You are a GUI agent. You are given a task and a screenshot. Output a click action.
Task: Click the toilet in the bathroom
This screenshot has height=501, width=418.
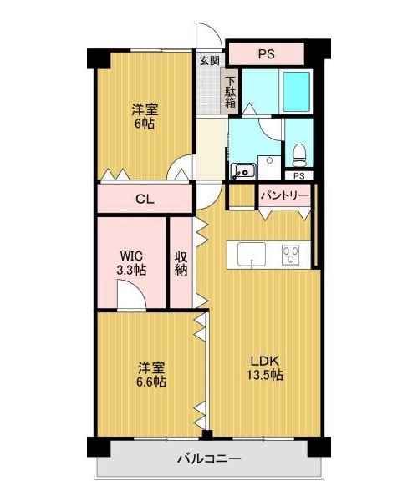coord(299,155)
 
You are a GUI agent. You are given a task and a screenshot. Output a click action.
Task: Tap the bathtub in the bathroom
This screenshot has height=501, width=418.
coord(296,92)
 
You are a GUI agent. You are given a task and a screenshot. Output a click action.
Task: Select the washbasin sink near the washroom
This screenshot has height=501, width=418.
coord(243,170)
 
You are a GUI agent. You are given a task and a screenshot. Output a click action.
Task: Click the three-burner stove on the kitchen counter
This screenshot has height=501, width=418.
coord(291,255)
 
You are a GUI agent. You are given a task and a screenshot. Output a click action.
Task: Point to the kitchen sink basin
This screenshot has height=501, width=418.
coord(252,254)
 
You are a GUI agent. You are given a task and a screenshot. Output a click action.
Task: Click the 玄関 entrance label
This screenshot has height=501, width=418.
coord(210,61)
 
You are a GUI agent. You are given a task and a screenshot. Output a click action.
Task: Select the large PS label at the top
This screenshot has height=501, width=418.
coord(267,54)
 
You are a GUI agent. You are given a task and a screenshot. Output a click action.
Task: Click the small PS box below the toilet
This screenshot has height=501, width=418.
coord(299,176)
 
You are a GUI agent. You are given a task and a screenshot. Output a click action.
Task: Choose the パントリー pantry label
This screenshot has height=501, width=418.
coord(284,195)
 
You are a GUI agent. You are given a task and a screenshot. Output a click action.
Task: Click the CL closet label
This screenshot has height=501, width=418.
coord(145,200)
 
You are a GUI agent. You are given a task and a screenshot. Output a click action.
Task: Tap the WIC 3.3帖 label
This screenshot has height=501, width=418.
coord(131,264)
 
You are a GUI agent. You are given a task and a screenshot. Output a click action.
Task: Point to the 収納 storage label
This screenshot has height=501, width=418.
coord(181,264)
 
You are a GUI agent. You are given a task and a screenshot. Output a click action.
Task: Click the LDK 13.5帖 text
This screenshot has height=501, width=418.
coord(265,367)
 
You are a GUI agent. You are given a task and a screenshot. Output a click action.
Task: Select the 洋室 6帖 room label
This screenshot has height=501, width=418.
coord(145,116)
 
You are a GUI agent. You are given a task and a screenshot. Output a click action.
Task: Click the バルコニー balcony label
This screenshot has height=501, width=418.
coord(209,459)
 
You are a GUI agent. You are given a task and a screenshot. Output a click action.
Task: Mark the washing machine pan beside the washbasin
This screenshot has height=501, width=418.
coord(269,167)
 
